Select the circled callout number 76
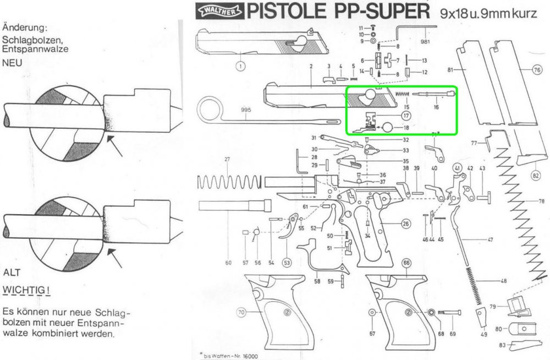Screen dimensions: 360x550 point(537,70)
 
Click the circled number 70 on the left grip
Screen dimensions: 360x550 point(240,313)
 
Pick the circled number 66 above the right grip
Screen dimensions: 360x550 point(406,264)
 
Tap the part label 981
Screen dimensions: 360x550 point(425,42)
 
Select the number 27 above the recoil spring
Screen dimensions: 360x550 point(226,160)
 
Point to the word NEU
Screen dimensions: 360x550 point(12,63)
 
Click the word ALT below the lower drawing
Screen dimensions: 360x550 point(12,272)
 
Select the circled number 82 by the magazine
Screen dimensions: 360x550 point(536,176)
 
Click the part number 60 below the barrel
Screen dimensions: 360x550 point(228,263)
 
